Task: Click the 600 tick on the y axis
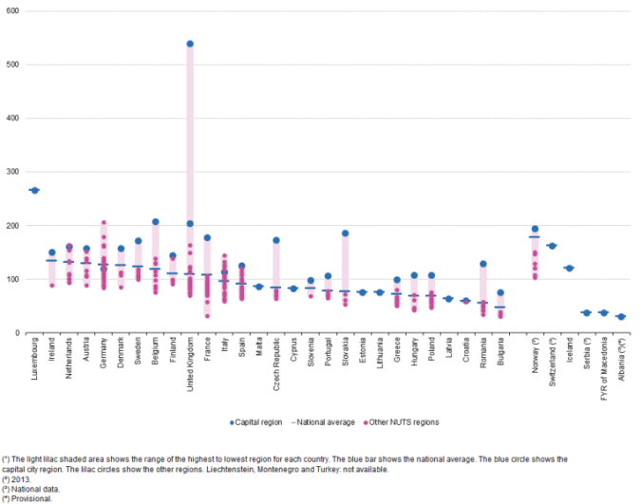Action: click(x=19, y=11)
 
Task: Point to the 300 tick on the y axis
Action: click(x=19, y=172)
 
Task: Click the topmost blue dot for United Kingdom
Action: click(x=190, y=44)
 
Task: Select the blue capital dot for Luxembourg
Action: click(x=35, y=190)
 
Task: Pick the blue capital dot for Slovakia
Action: click(x=345, y=233)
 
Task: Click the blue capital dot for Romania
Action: click(x=482, y=264)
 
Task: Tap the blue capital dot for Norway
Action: click(x=535, y=229)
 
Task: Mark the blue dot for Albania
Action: click(x=620, y=317)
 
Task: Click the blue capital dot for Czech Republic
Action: click(x=276, y=240)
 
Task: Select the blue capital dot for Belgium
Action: click(x=156, y=222)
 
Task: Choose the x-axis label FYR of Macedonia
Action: click(x=603, y=366)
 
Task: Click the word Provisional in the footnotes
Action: click(x=30, y=497)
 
